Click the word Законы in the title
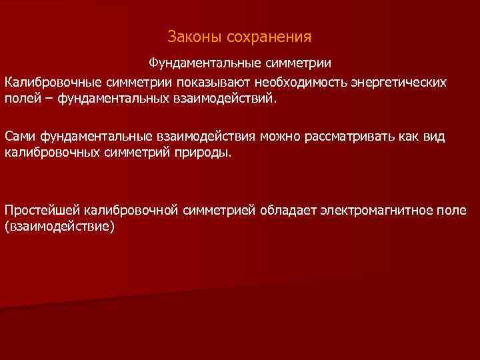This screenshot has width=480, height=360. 189,35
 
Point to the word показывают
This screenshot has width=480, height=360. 211,82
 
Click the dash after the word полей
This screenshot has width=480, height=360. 49,99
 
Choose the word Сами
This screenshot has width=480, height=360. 20,137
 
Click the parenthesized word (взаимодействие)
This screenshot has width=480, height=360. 60,227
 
